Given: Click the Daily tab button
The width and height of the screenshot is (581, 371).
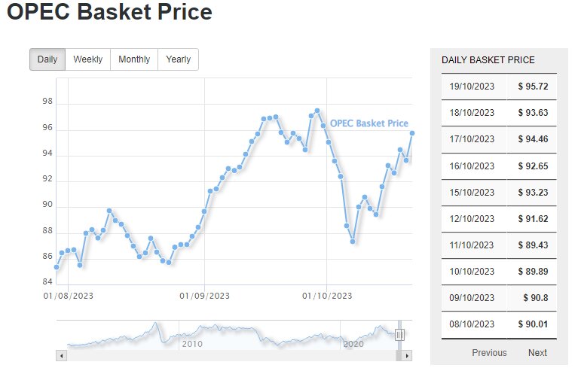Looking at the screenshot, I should coord(47,59).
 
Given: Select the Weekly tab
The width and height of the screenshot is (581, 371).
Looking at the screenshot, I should coord(87,59).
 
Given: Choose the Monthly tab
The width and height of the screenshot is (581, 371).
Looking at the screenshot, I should coord(134,59).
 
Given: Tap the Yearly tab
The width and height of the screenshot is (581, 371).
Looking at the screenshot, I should coord(178,59).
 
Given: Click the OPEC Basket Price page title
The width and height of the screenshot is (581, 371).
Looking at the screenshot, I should coord(109,13).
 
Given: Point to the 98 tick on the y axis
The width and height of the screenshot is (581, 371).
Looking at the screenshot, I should coord(48,102).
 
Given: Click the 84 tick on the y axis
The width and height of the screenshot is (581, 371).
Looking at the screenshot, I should coord(48,282).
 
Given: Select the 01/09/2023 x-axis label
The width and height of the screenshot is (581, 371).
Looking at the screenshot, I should coord(204,296).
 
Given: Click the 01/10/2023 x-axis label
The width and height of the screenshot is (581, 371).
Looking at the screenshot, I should coord(327,296).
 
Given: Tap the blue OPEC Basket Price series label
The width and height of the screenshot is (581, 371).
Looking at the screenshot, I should coord(369,123).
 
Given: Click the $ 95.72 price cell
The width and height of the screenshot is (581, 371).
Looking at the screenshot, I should coord(532,87).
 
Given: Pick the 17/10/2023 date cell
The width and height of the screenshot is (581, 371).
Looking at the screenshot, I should coord(472,139).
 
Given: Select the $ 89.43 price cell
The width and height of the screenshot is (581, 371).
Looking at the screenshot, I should coord(532,245).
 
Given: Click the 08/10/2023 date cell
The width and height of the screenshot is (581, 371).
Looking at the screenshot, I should coord(472,324).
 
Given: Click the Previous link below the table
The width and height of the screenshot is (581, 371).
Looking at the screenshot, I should coord(489,353).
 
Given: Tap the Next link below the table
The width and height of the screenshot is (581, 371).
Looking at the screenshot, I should coord(537,353).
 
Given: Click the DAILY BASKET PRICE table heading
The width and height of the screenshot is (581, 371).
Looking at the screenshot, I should coord(488,60).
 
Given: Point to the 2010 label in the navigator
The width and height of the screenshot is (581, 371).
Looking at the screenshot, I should coord(192,344).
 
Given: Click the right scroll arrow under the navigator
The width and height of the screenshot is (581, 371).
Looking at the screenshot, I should coord(408,355).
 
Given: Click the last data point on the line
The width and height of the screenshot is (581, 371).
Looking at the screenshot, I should coord(412,133).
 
